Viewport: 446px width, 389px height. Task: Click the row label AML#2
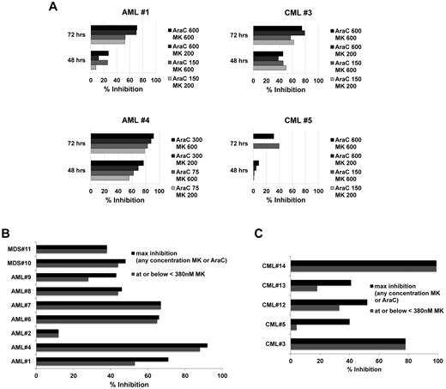click(x=20, y=332)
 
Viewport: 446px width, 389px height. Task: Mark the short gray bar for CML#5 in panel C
click(x=294, y=327)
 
